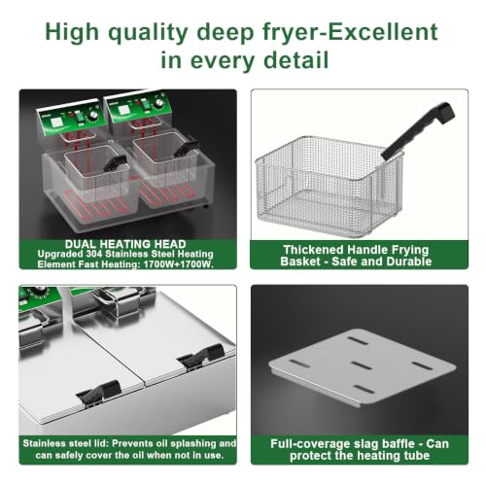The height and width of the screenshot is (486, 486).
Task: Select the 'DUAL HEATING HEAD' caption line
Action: click(x=125, y=244)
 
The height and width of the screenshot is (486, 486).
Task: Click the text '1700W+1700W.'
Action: click(x=179, y=264)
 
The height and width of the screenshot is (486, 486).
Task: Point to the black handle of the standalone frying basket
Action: click(x=418, y=130)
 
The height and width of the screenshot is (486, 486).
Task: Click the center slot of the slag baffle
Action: click(x=363, y=365)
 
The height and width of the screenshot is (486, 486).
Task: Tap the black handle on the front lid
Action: click(x=98, y=392)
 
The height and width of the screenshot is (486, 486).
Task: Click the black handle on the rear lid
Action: click(x=201, y=356)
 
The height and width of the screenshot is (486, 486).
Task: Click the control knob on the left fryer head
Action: click(x=94, y=115)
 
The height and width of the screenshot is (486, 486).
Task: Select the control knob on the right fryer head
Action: click(x=159, y=103)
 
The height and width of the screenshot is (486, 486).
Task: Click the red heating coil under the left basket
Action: click(x=94, y=206)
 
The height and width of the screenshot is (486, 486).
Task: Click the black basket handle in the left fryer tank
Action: click(x=115, y=163)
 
